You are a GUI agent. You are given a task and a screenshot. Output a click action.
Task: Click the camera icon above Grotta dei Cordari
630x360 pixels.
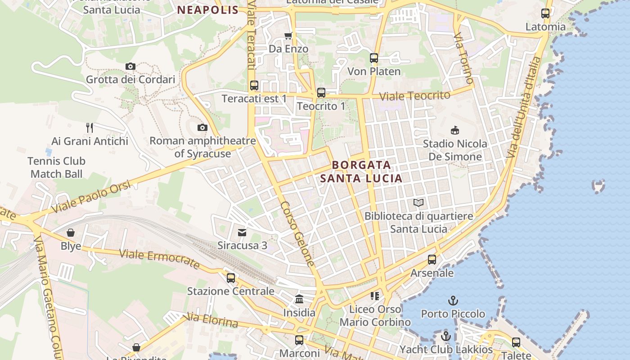point(130,67)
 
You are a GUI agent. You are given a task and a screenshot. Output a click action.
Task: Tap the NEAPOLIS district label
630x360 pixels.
point(207,10)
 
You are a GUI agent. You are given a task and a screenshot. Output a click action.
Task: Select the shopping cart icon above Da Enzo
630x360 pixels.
point(288,36)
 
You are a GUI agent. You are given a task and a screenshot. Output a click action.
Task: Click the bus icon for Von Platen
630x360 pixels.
point(374,58)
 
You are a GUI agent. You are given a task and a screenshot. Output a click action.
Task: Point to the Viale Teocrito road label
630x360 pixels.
point(414,96)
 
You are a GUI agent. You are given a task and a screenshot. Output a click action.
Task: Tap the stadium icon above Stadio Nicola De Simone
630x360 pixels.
point(455,130)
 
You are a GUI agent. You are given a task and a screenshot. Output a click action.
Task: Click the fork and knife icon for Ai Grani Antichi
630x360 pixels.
point(90,128)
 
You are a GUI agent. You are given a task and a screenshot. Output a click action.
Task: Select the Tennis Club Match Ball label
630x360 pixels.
point(57,167)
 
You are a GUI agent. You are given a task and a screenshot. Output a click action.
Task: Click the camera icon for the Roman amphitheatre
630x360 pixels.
point(202,128)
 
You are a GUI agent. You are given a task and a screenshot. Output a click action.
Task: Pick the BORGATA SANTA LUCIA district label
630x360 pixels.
point(361,171)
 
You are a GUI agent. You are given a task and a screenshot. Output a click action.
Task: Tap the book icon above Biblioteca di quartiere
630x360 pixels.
point(418,203)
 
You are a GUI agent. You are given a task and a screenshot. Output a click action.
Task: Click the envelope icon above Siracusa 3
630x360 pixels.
point(242,233)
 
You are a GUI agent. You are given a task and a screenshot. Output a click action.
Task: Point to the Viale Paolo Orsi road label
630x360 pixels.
point(91,197)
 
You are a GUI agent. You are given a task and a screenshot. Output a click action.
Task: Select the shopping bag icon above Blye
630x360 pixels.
point(71,233)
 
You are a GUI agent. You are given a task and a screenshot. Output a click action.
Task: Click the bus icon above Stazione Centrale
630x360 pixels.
point(231,278)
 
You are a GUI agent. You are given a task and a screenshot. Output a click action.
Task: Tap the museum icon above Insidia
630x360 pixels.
point(299,299)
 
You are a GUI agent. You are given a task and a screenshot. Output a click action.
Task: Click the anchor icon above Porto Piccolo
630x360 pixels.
point(453,300)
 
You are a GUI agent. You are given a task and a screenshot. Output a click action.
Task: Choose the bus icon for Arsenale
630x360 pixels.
point(432,260)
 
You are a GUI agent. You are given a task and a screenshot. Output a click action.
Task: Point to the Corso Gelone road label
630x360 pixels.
point(297,233)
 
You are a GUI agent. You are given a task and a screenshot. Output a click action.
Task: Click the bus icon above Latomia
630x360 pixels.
point(545,13)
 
